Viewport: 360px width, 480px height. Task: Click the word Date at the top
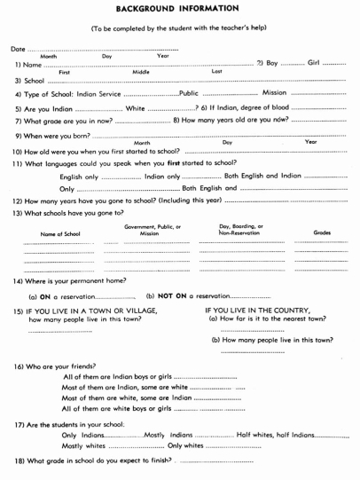click(19, 47)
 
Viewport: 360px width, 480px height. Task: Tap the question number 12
click(18, 201)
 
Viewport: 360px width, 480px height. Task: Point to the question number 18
click(18, 463)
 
